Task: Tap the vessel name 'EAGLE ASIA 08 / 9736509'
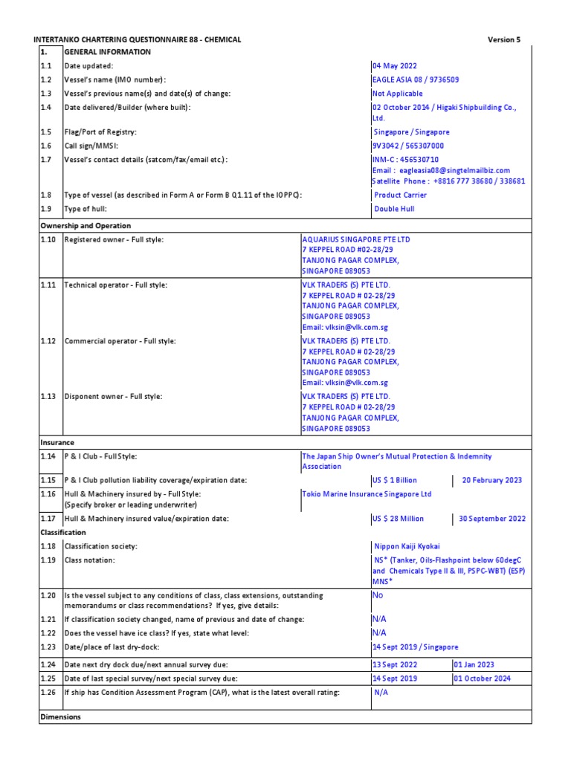(x=414, y=80)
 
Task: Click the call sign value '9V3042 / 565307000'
(x=407, y=146)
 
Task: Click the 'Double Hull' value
(x=395, y=209)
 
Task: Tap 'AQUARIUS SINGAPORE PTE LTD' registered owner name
(x=355, y=239)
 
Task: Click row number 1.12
(x=48, y=340)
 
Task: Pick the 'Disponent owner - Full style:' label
(x=113, y=396)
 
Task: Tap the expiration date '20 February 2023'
(x=491, y=480)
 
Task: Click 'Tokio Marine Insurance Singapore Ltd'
(x=366, y=493)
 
